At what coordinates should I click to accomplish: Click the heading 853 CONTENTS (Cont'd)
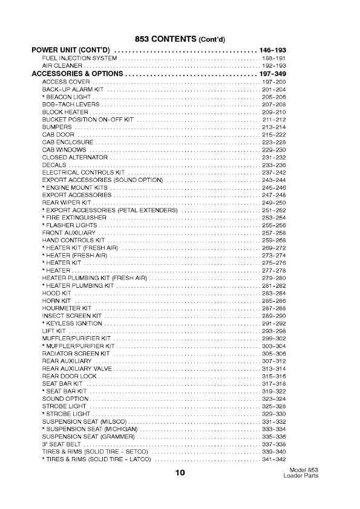pos(180,38)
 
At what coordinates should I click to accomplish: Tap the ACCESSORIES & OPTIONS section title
pos(76,73)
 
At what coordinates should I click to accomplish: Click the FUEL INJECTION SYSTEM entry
pos(79,57)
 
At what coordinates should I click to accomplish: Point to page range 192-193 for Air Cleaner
pos(273,65)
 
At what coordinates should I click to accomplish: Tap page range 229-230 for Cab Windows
pos(273,149)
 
